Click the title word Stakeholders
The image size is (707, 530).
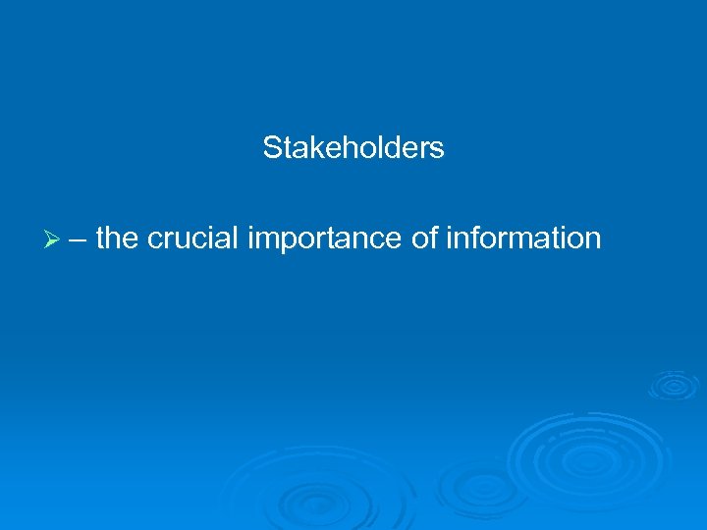[x=353, y=148]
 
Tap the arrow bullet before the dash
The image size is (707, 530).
[x=53, y=238]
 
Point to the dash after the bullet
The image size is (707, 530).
[x=78, y=238]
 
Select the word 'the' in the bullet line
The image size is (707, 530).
[x=117, y=238]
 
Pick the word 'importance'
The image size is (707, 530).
[x=326, y=238]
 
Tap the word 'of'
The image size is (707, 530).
[x=424, y=238]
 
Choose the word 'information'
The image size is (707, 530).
[x=523, y=238]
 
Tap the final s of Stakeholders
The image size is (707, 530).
[x=438, y=148]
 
